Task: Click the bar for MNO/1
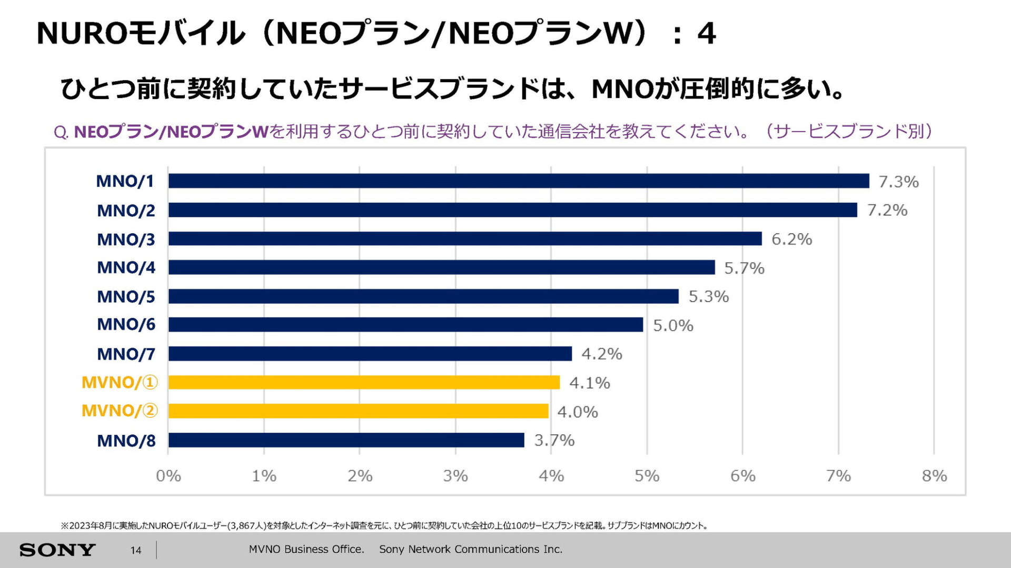(519, 181)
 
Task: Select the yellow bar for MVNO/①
(364, 383)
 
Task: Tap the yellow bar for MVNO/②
(358, 411)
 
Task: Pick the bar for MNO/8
(346, 440)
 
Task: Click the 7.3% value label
(898, 182)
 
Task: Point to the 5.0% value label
(673, 325)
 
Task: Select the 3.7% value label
(554, 440)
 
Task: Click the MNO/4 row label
(126, 267)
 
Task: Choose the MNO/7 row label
(126, 354)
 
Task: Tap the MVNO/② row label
(120, 411)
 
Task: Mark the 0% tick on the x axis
(168, 476)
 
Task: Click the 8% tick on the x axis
(934, 476)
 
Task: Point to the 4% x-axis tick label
(551, 476)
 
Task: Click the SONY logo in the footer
(57, 550)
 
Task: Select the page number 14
(136, 550)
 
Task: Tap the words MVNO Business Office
(306, 549)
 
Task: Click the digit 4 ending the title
(706, 34)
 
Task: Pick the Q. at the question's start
(61, 132)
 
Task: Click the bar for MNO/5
(423, 296)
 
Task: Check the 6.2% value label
(791, 239)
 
